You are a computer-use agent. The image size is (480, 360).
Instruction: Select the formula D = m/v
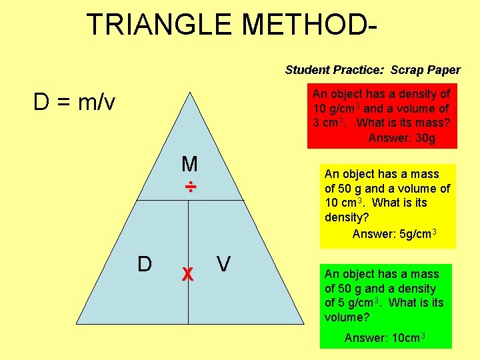[74, 103]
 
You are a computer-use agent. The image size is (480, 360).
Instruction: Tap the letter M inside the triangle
[189, 164]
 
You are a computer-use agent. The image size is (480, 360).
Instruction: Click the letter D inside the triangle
[144, 264]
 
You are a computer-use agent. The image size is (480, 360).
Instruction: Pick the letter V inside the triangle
[223, 264]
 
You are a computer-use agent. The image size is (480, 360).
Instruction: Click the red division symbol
[190, 187]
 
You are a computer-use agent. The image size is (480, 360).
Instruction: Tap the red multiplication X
[188, 273]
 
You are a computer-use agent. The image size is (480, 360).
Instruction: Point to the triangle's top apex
[189, 93]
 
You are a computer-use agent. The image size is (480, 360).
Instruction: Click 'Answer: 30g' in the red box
[401, 138]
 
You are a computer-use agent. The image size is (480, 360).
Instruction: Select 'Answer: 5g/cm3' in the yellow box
[394, 233]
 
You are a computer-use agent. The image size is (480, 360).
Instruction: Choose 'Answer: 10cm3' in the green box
[385, 337]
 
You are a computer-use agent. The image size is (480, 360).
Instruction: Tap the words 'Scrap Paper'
[425, 70]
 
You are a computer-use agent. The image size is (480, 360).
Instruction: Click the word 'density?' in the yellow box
[346, 217]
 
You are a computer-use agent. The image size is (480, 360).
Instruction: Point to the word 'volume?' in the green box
[347, 317]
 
